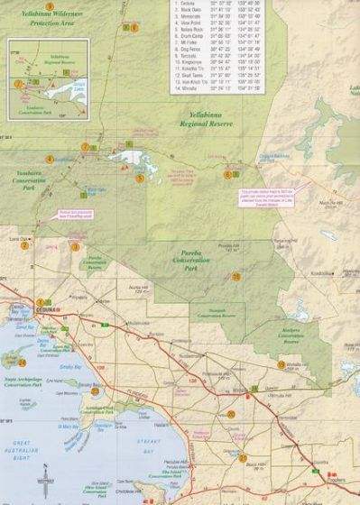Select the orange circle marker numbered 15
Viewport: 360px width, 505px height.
(x=236, y=277)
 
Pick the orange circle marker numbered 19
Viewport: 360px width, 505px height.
(x=281, y=364)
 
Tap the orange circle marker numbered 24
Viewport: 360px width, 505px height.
(x=22, y=363)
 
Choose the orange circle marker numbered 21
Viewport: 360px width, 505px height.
(x=243, y=458)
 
